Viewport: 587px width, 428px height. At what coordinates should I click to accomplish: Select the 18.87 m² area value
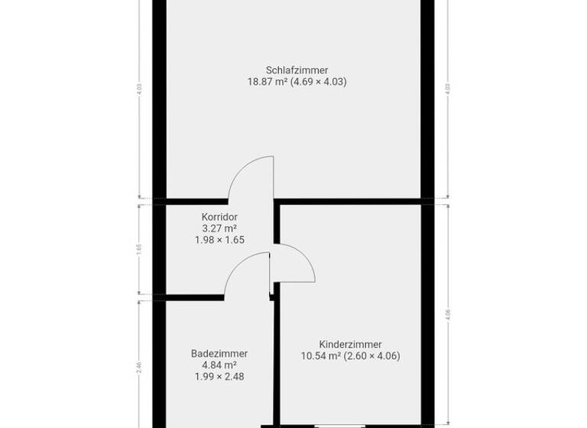pyautogui.click(x=266, y=82)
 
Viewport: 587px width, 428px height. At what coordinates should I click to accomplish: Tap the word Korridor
pyautogui.click(x=219, y=216)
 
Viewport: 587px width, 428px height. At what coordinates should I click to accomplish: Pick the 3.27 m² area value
pyautogui.click(x=219, y=228)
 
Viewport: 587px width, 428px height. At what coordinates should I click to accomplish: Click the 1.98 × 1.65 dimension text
pyautogui.click(x=219, y=239)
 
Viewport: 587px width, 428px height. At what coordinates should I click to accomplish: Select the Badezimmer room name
pyautogui.click(x=219, y=354)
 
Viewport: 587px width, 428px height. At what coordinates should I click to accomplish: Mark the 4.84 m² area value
pyautogui.click(x=219, y=365)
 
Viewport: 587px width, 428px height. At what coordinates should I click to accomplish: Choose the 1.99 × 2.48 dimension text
pyautogui.click(x=219, y=377)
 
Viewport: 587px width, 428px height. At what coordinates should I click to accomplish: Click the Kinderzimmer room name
pyautogui.click(x=351, y=345)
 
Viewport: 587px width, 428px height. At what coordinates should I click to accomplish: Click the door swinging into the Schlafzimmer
pyautogui.click(x=251, y=177)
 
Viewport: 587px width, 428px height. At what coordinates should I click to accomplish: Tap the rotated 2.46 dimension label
pyautogui.click(x=139, y=366)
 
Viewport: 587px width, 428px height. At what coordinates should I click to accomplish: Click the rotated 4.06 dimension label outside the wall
pyautogui.click(x=447, y=313)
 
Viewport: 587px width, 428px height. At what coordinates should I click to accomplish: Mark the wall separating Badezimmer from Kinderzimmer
pyautogui.click(x=277, y=359)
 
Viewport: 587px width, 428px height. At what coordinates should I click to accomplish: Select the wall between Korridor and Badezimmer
pyautogui.click(x=191, y=297)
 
